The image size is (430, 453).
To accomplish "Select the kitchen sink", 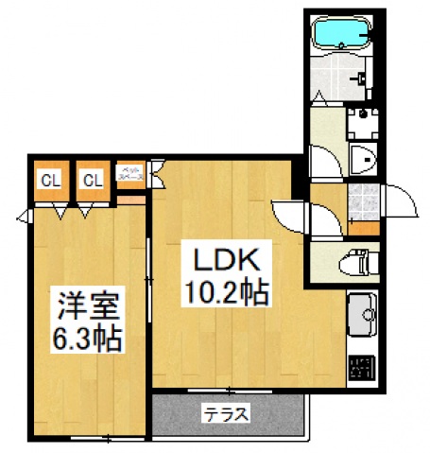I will [362, 311].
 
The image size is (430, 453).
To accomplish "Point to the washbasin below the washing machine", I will [363, 161].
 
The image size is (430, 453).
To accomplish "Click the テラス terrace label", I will [225, 412].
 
